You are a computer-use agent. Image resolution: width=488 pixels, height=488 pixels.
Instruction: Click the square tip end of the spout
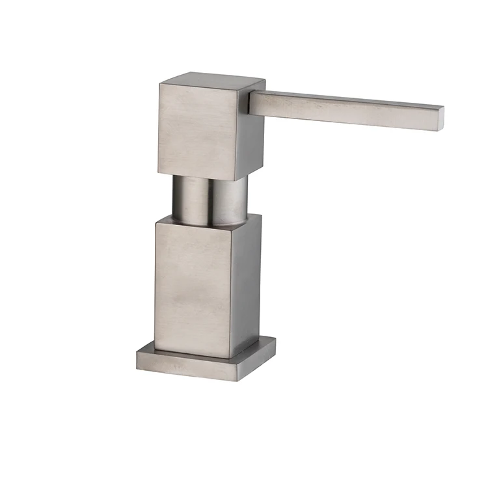coord(440,118)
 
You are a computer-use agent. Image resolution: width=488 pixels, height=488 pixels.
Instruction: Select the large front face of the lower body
coord(193,286)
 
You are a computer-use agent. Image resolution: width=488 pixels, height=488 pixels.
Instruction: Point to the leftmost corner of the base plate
coord(137,355)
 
